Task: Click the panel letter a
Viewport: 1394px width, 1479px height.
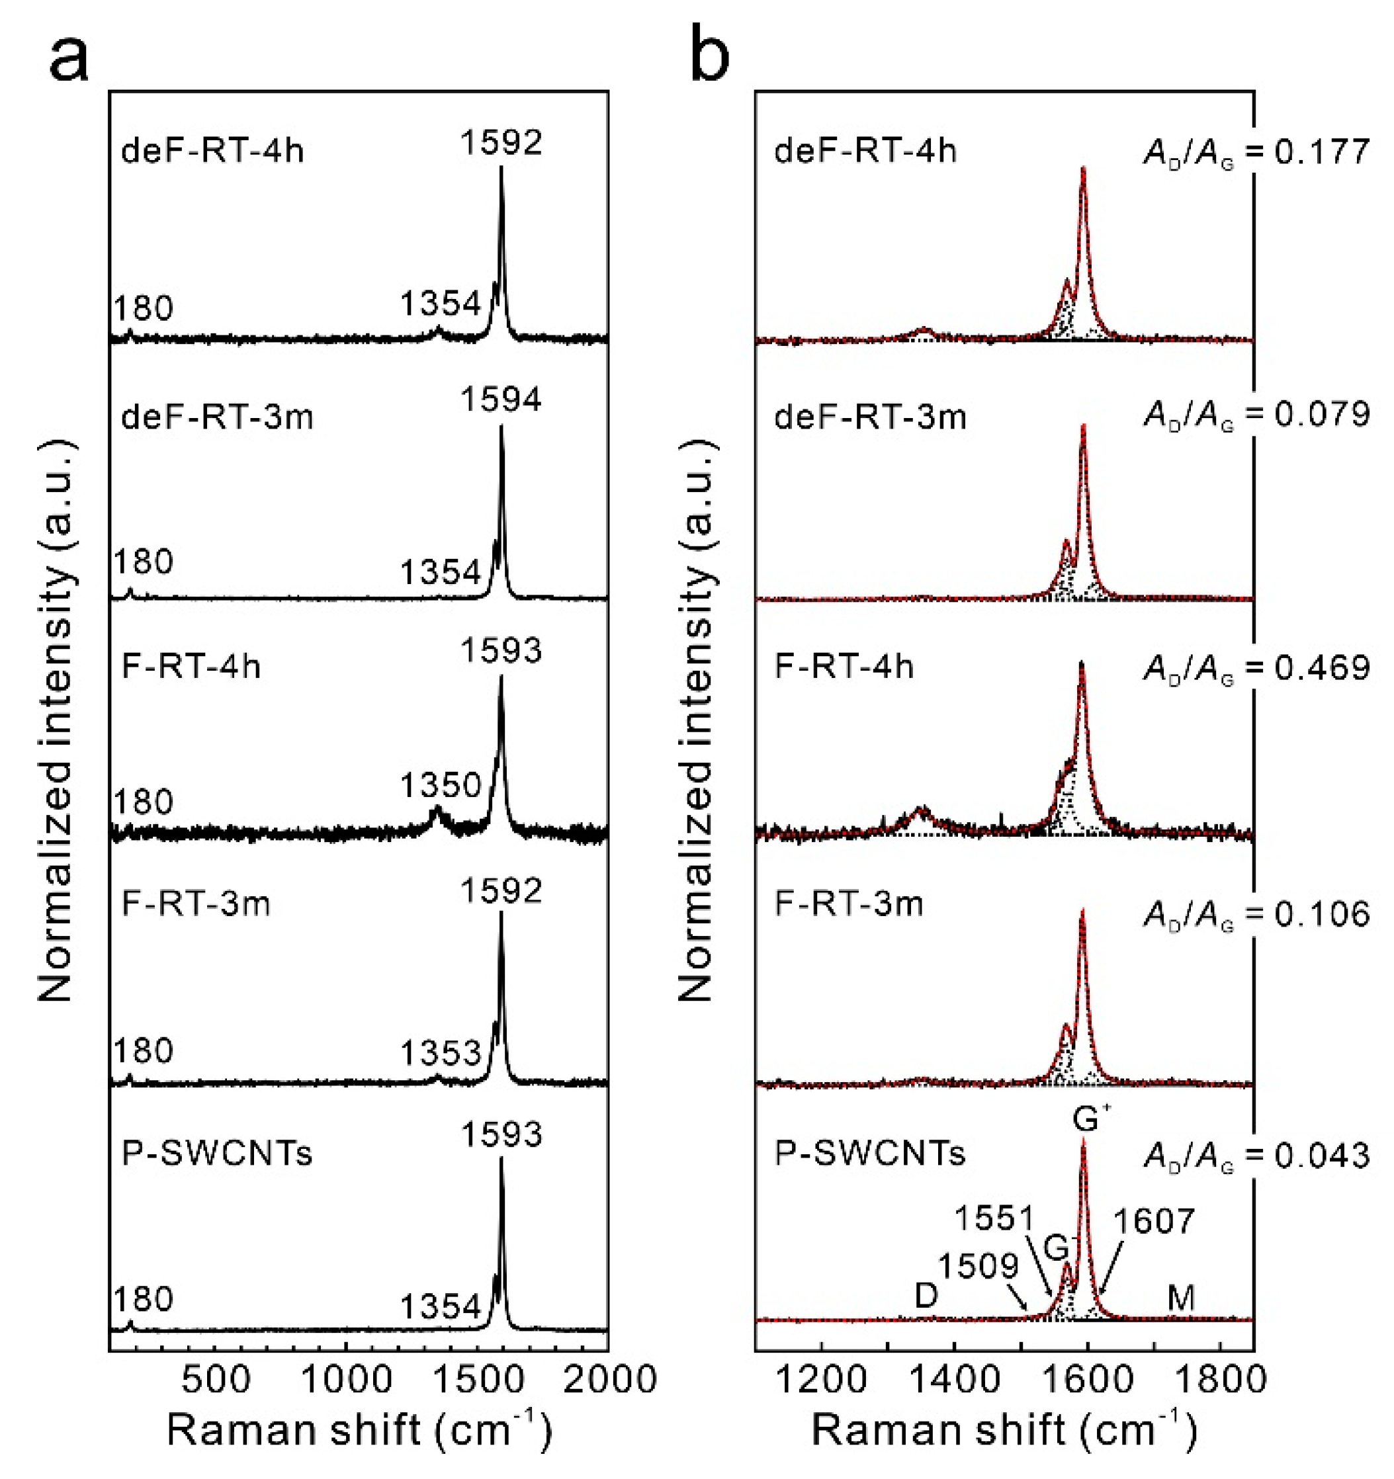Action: click(69, 58)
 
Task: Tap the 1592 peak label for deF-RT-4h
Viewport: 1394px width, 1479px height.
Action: click(501, 142)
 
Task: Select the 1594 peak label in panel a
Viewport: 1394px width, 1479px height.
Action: click(501, 400)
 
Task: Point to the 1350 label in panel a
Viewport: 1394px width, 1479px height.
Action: click(441, 786)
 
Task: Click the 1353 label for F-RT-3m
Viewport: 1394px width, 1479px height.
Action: click(441, 1054)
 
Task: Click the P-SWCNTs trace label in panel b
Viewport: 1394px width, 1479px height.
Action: click(870, 1153)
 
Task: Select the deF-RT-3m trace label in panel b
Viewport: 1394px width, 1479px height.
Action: click(870, 417)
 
